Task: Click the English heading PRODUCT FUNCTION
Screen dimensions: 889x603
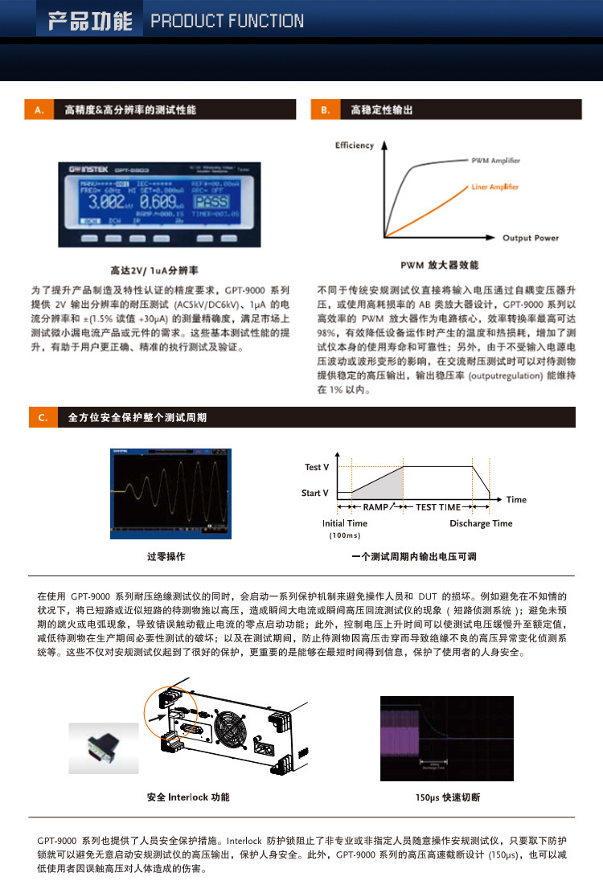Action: pyautogui.click(x=228, y=22)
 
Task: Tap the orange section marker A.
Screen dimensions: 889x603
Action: pyautogui.click(x=39, y=109)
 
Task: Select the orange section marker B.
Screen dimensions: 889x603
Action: pyautogui.click(x=325, y=109)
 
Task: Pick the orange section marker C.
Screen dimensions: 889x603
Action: pyautogui.click(x=43, y=417)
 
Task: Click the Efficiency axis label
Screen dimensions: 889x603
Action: pyautogui.click(x=355, y=145)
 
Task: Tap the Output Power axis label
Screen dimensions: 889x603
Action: pyautogui.click(x=531, y=238)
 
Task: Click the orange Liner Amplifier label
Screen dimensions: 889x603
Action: pyautogui.click(x=494, y=186)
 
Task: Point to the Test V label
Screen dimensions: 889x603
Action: pyautogui.click(x=317, y=467)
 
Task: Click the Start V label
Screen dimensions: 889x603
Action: pyautogui.click(x=315, y=493)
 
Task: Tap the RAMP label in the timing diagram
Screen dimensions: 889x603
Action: pyautogui.click(x=375, y=507)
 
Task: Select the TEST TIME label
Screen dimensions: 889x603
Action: pyautogui.click(x=438, y=507)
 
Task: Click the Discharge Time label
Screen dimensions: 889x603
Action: pyautogui.click(x=481, y=523)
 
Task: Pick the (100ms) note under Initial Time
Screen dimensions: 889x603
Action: pyautogui.click(x=345, y=535)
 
